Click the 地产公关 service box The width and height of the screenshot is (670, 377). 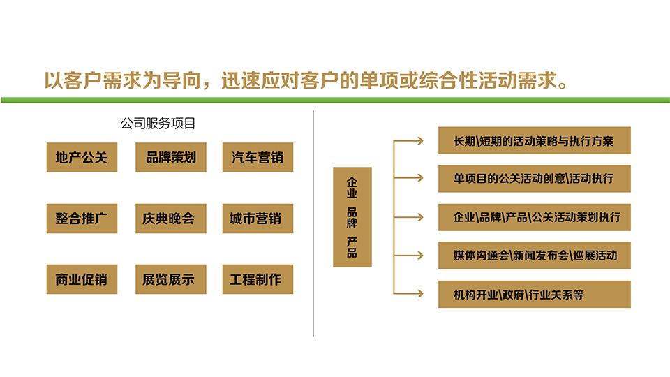[82, 157]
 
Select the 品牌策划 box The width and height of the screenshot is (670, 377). [171, 157]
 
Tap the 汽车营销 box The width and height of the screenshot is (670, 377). [258, 157]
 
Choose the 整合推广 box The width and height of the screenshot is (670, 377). [82, 219]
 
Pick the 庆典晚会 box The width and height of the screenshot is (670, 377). [171, 219]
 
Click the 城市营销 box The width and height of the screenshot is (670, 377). [258, 219]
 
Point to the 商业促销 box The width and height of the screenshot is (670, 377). [82, 279]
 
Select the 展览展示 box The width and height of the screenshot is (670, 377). [171, 279]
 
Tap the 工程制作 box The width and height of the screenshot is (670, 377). [258, 279]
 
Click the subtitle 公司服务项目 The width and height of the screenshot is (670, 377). [158, 124]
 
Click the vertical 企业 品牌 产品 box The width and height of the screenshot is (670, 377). [352, 217]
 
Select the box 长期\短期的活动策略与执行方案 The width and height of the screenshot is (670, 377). [535, 140]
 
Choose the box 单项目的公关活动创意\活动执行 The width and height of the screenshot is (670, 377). [535, 178]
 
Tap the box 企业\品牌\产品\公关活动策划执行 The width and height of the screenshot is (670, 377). [535, 217]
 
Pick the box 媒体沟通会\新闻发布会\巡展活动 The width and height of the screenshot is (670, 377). [535, 256]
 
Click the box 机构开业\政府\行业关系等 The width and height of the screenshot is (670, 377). [535, 294]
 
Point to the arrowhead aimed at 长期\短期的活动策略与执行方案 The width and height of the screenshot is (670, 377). [420, 140]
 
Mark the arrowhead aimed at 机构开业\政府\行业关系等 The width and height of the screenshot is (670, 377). [420, 294]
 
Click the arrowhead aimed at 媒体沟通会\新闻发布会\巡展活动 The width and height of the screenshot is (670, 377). [420, 256]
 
